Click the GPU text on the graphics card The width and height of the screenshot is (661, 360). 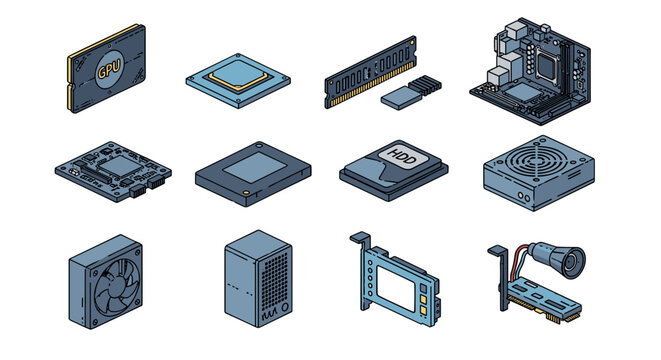pos(109,69)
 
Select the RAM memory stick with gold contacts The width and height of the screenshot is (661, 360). pos(371,72)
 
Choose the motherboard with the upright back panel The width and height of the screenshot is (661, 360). pos(530,71)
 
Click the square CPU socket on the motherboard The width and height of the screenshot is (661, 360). pos(547,66)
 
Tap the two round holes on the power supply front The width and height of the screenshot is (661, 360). pos(524,196)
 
